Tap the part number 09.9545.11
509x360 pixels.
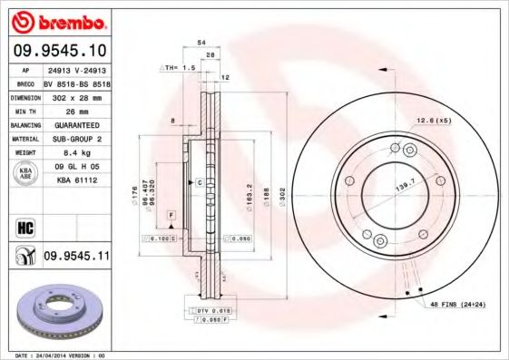[x=76, y=258]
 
